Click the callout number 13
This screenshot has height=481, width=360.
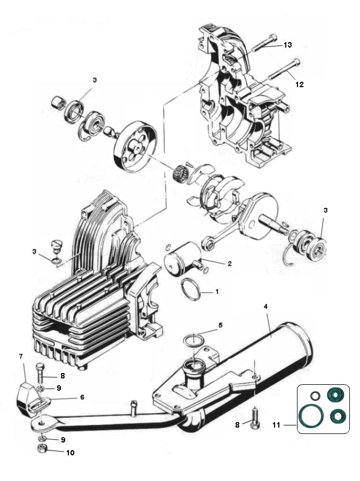pyautogui.click(x=287, y=45)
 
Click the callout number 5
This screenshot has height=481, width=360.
pyautogui.click(x=220, y=324)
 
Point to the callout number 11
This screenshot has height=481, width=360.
pyautogui.click(x=277, y=425)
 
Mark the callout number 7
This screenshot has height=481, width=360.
pyautogui.click(x=21, y=356)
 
